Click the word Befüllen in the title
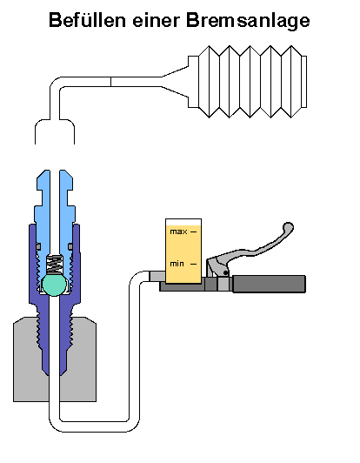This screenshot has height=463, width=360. pos(87,20)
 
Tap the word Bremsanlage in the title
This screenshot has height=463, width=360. pos(248,21)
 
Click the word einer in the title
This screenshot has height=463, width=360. pos(157,20)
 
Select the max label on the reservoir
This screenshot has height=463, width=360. pos(178,231)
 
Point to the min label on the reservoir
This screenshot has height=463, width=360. pos(177,264)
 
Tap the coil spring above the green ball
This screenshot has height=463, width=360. pos(54,264)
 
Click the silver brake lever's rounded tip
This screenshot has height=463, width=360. pos(288,228)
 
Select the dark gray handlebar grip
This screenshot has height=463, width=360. pos(269,284)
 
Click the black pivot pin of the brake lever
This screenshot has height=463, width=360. pos(225,273)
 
